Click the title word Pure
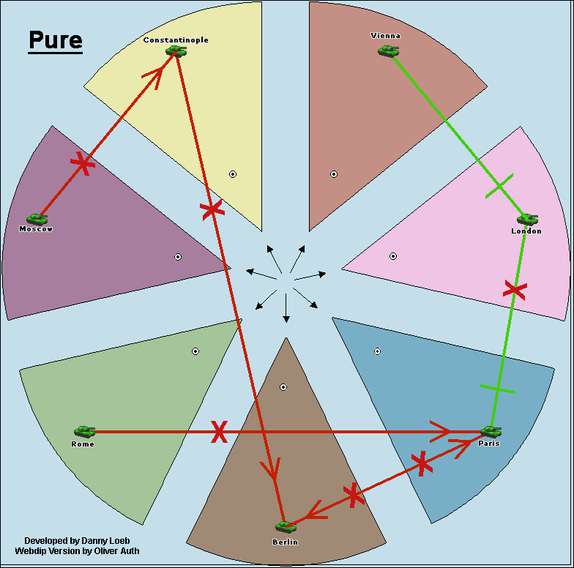[x=56, y=40]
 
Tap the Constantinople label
[x=176, y=40]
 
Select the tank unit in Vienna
[x=388, y=51]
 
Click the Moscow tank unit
[x=37, y=218]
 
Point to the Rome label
[x=83, y=444]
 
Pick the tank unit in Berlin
[x=285, y=526]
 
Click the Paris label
[x=488, y=444]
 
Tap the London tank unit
[x=526, y=219]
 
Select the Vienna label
[x=386, y=36]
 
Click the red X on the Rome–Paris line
[x=218, y=432]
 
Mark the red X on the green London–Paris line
[x=515, y=290]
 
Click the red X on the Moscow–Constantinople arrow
[x=83, y=163]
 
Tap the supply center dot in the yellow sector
[x=233, y=174]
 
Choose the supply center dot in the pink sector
[x=393, y=256]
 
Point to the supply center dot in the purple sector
[x=178, y=257]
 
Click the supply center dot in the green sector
[x=195, y=351]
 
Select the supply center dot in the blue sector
[x=377, y=351]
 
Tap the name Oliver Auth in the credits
[x=114, y=551]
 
